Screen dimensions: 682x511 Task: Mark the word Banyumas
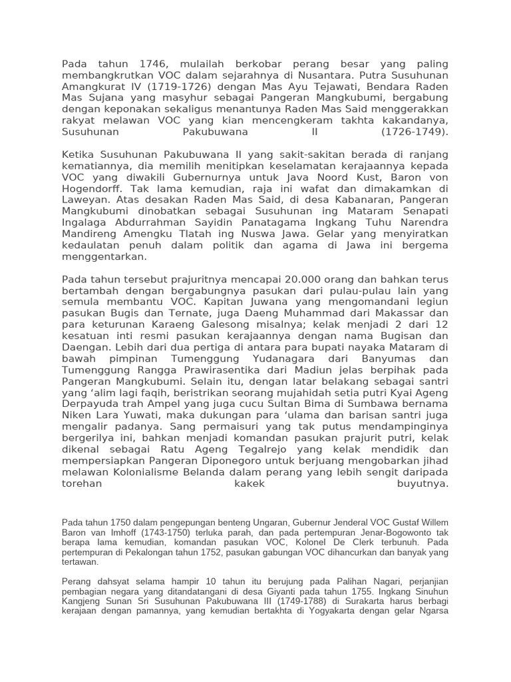(x=393, y=358)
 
